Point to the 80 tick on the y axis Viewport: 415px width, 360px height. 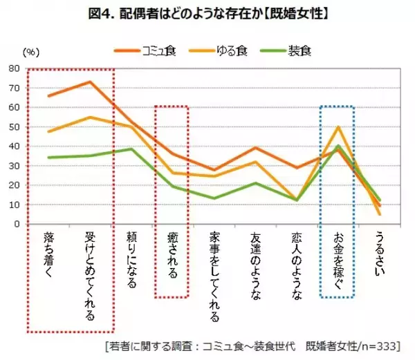14,69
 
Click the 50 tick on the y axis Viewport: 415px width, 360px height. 14,127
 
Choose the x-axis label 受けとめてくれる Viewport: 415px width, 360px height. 89,276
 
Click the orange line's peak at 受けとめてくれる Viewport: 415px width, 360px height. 90,82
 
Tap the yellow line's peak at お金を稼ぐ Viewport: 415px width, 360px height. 338,127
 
